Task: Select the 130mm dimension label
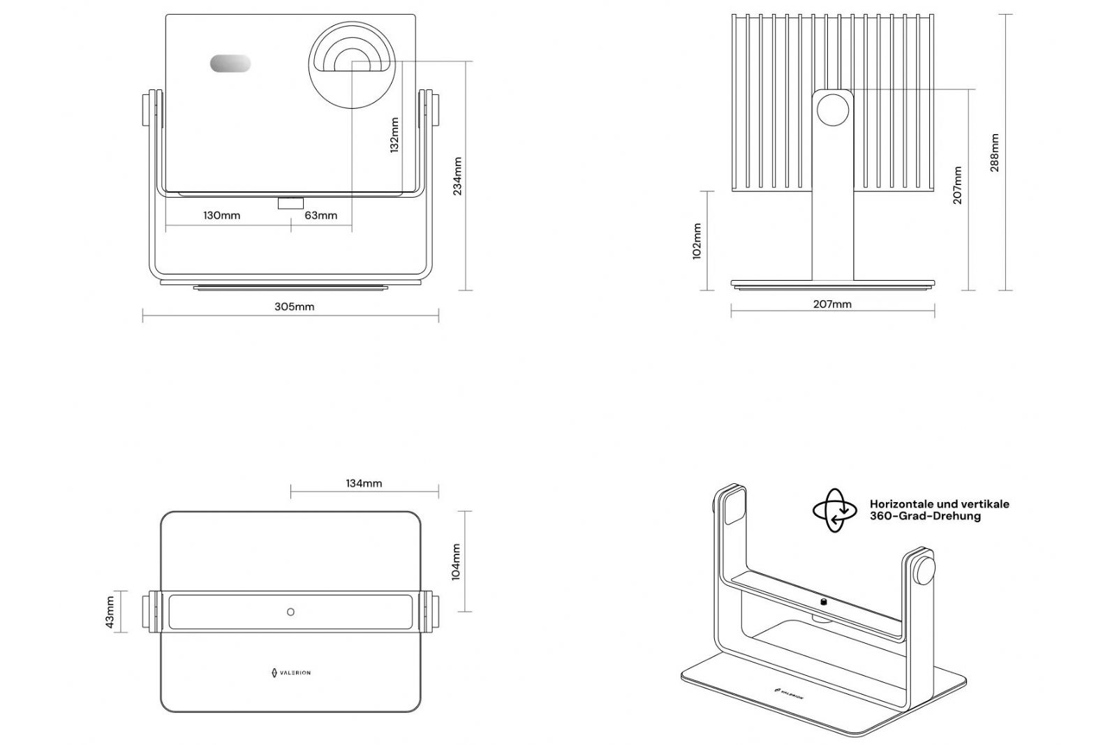tap(221, 215)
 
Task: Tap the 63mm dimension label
tap(320, 215)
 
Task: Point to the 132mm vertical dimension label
tap(394, 135)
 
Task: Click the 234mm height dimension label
tap(457, 176)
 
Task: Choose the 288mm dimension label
tap(994, 152)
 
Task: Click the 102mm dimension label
tap(697, 241)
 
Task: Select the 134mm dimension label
tap(364, 483)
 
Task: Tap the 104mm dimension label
tap(456, 562)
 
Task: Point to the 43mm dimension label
tap(110, 612)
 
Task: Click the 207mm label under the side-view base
tap(832, 304)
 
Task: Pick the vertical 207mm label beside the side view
tap(957, 185)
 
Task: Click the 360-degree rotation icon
tap(834, 510)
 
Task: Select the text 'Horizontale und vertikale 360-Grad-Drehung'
tap(939, 510)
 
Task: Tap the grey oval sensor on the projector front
tap(230, 64)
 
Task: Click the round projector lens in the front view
tap(351, 65)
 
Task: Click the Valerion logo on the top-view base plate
tap(290, 672)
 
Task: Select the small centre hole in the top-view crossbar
tap(290, 612)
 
